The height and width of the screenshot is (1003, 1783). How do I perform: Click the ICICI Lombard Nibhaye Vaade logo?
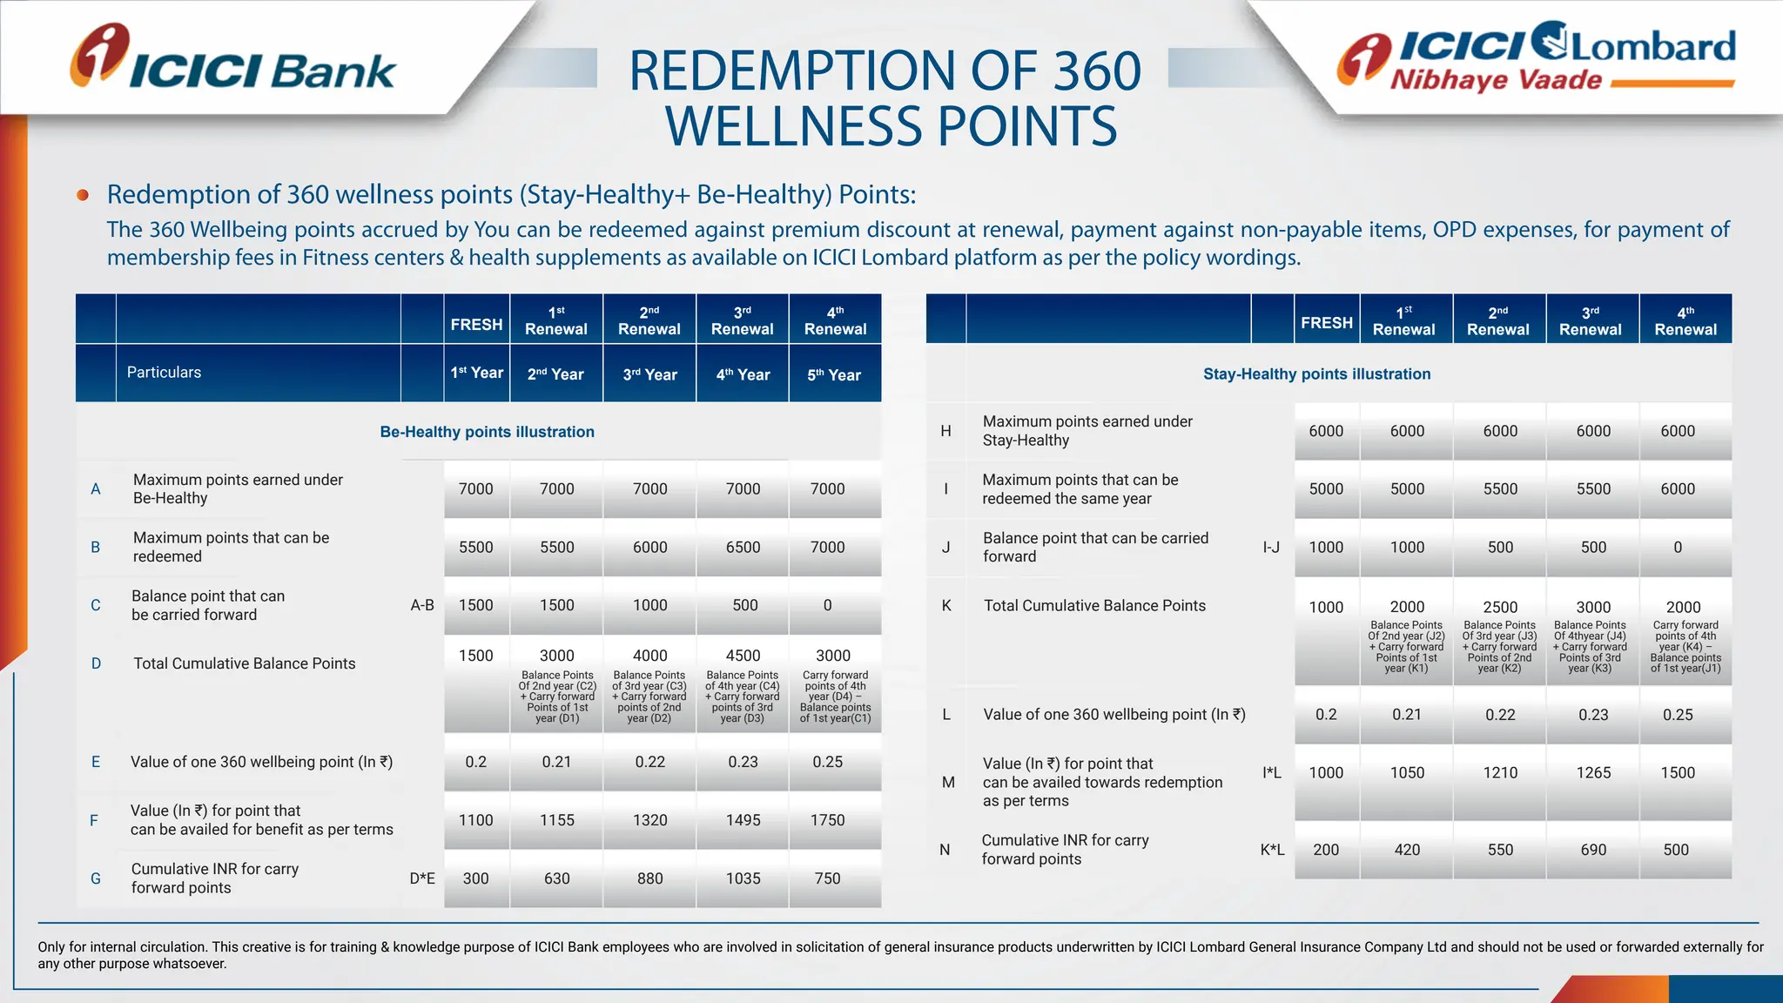coord(1537,57)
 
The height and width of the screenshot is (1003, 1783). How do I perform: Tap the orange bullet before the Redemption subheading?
coord(83,195)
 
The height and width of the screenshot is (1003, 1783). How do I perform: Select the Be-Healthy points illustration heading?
coord(487,432)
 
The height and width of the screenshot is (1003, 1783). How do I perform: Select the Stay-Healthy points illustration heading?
coord(1316,374)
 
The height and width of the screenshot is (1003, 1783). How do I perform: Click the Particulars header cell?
coord(164,373)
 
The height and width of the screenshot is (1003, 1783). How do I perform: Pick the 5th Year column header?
coord(833,374)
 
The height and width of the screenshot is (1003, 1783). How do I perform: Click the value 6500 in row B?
coord(743,548)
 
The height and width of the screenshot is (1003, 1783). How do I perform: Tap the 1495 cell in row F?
coord(743,820)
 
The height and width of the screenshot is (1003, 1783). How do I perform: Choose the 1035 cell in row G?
coord(743,878)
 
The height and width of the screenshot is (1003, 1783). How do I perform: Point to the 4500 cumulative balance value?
coord(743,656)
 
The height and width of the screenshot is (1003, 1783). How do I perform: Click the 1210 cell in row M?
coord(1500,773)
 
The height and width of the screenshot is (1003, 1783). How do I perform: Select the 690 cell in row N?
coord(1593,850)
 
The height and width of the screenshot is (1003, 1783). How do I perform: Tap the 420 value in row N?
coord(1407,850)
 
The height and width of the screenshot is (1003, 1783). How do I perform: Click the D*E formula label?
coord(422,878)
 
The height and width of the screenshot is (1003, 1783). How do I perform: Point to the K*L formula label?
coord(1272,850)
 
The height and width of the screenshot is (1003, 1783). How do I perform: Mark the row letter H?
coord(945,431)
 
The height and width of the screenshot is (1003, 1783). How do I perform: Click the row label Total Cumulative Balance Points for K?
coord(1094,606)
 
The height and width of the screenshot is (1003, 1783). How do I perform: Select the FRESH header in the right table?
coord(1327,323)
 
